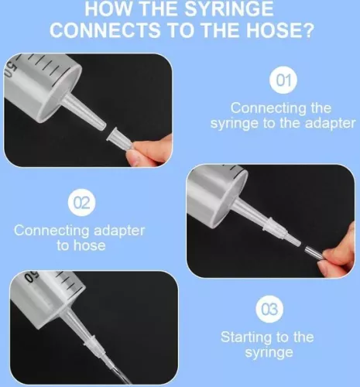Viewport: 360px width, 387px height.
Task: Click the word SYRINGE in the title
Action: pos(229,9)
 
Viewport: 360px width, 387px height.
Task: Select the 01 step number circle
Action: pos(283,80)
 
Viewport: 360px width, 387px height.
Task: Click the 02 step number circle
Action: pos(81,203)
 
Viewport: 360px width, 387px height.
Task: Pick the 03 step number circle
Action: pos(269,309)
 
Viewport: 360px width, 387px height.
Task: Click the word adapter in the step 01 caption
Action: pos(330,123)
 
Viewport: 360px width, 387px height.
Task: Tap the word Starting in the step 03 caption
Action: pos(246,337)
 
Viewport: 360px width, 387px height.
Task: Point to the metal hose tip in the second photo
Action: pos(315,253)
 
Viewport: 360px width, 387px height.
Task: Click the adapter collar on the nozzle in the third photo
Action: pos(90,342)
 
